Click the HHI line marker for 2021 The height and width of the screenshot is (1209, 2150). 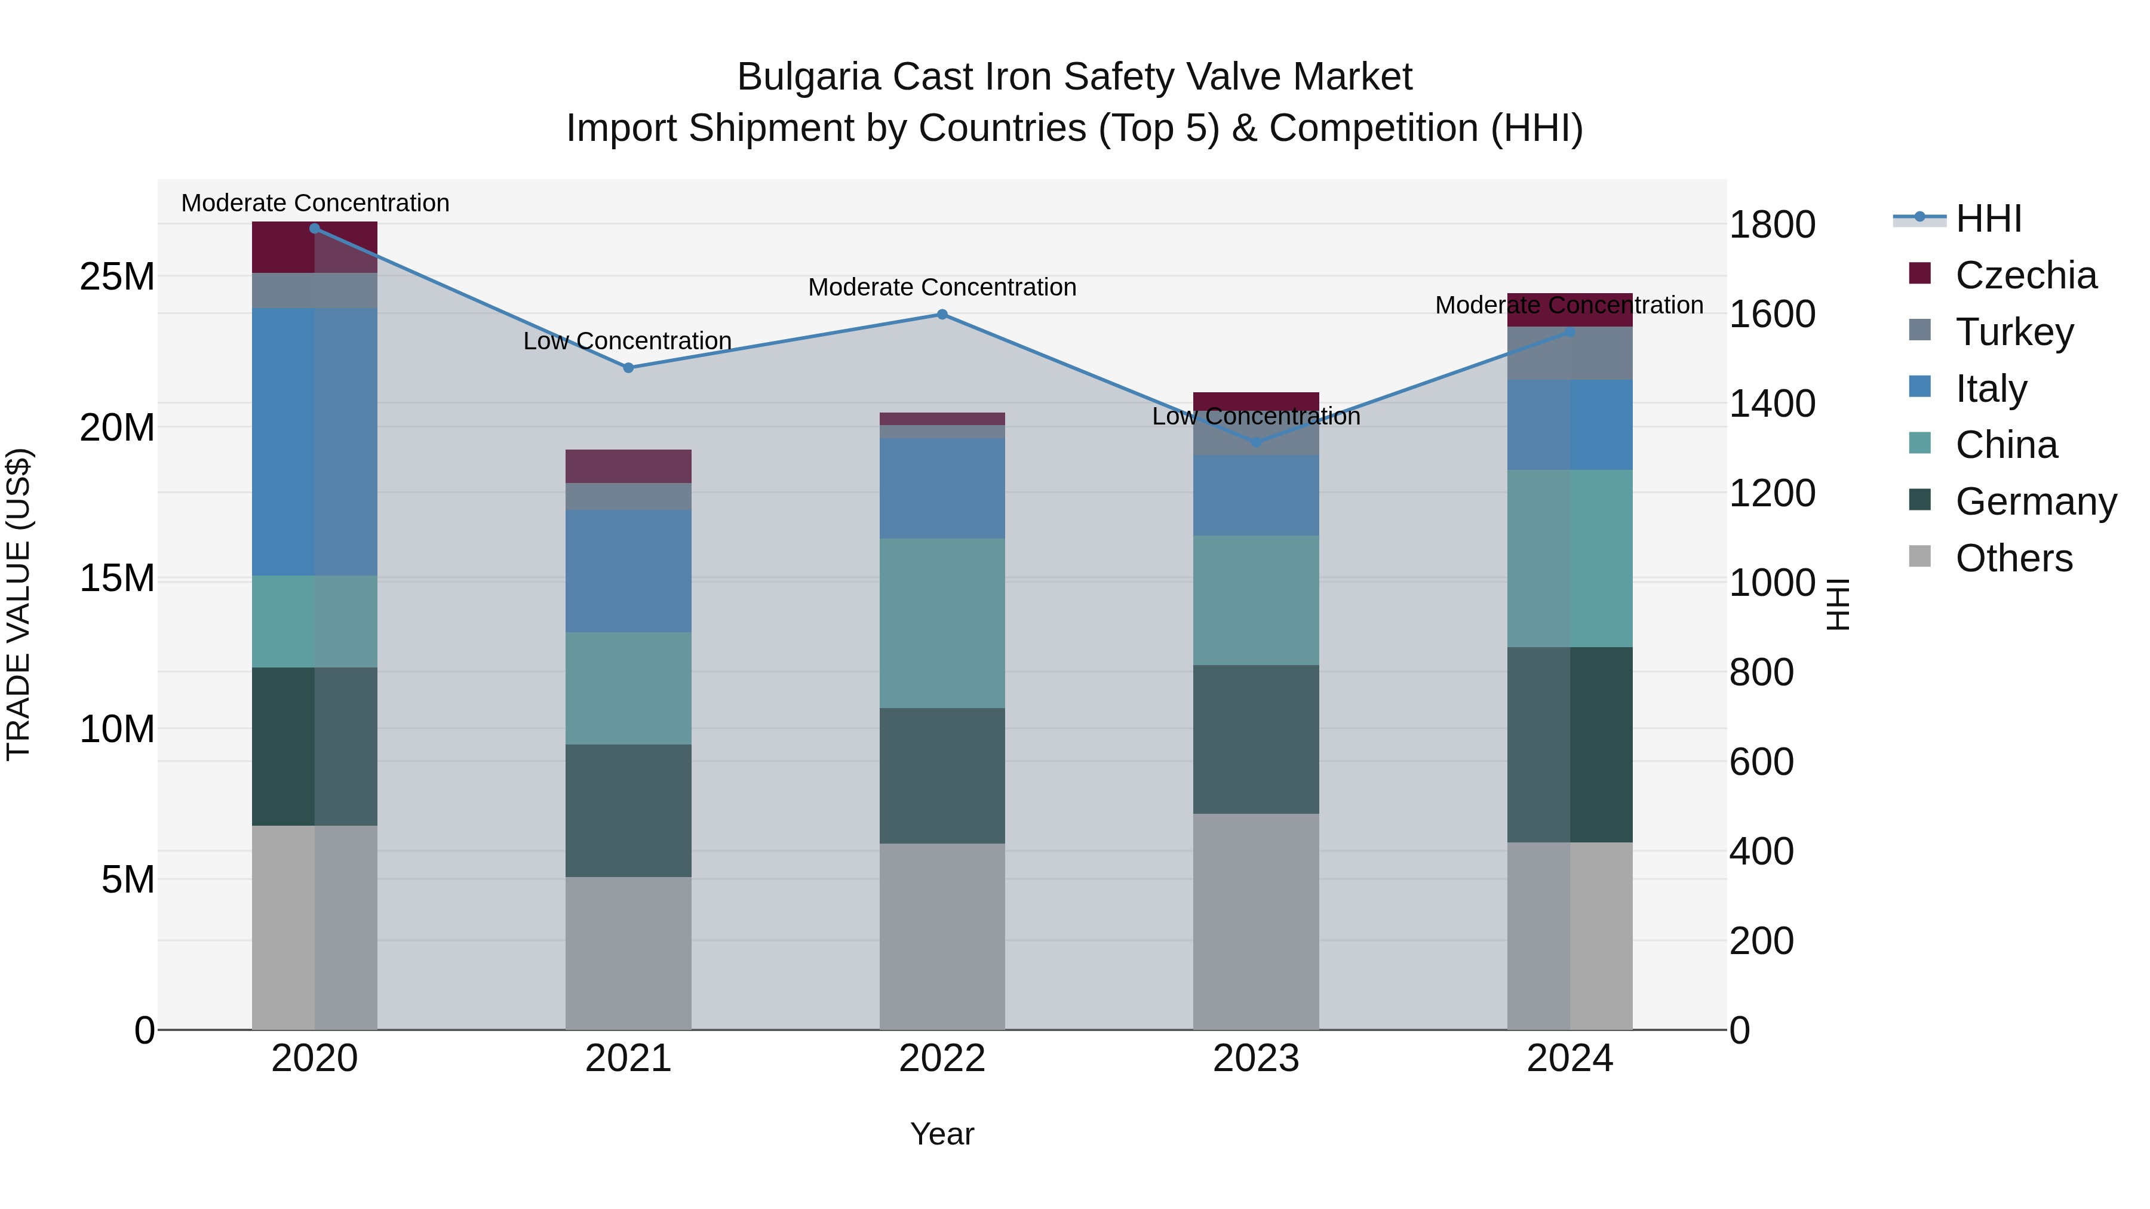coord(628,368)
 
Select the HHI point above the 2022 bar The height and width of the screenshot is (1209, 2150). coord(942,315)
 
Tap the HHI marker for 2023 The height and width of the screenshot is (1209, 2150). coord(1256,442)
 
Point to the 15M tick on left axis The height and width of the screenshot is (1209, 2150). coord(117,578)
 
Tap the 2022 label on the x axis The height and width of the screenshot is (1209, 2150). coord(942,1059)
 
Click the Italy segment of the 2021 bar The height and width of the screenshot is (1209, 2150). coord(628,571)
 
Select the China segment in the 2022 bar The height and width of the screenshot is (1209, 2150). coord(942,623)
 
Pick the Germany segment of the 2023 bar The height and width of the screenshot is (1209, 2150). coord(1256,739)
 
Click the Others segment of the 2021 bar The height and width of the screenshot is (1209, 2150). coord(628,953)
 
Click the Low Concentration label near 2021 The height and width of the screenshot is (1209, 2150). coord(628,342)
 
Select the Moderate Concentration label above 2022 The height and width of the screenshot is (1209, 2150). coord(942,287)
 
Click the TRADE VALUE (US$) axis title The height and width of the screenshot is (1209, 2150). coord(19,604)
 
